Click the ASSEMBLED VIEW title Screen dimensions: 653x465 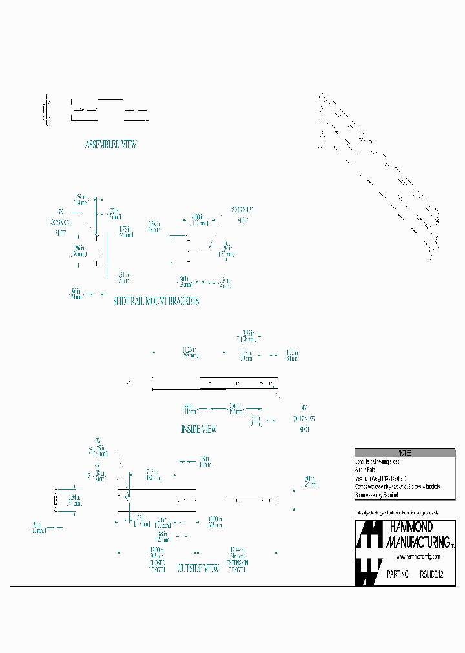(110, 145)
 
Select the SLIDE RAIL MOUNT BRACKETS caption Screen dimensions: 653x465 (156, 301)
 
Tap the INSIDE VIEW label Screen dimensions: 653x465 (199, 429)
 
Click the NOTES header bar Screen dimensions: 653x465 (405, 453)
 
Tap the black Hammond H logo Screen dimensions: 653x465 (369, 553)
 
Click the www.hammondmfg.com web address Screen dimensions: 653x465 (418, 556)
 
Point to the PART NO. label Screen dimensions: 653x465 (398, 573)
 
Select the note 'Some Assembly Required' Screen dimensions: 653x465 (377, 496)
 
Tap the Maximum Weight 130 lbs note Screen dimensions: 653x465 (381, 479)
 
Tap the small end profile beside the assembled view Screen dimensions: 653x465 (45, 110)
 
